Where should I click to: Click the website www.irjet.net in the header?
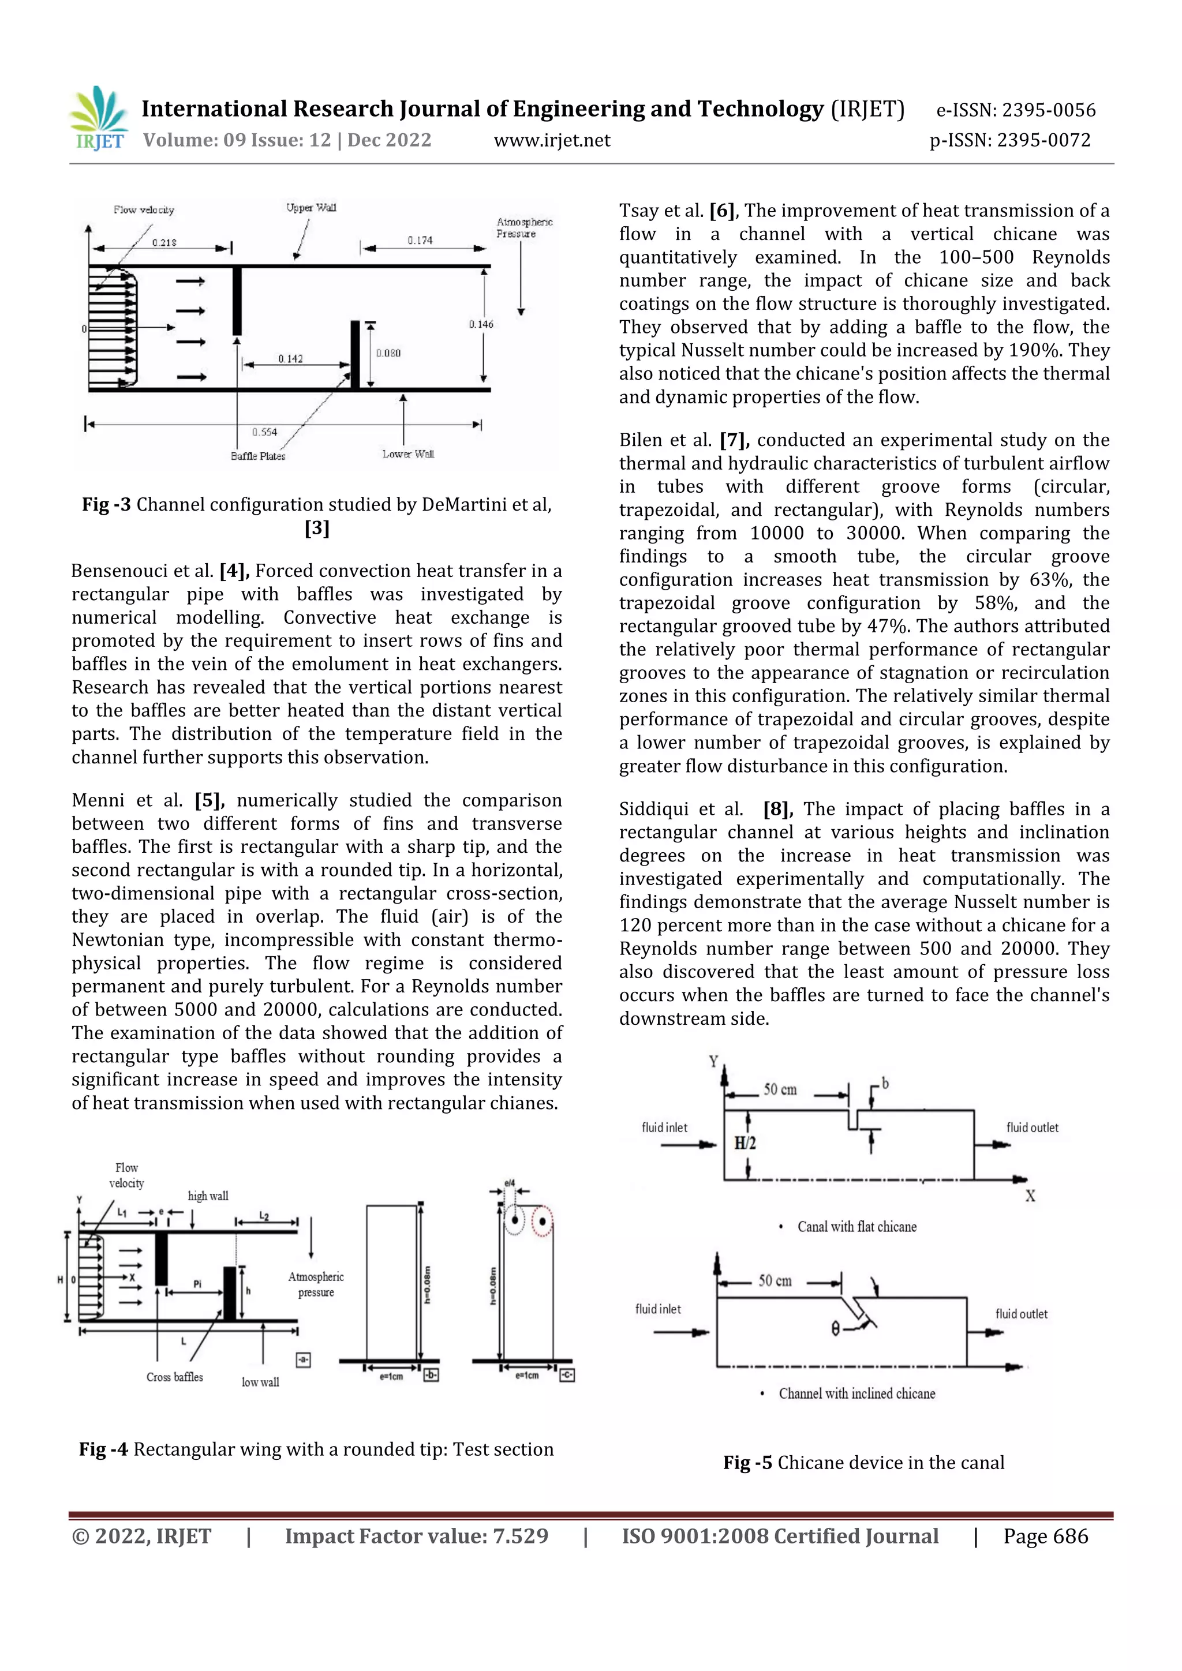click(x=552, y=140)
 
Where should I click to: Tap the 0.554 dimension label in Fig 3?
click(x=264, y=432)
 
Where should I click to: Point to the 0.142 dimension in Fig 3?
click(x=290, y=358)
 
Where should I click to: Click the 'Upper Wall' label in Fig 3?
click(x=311, y=207)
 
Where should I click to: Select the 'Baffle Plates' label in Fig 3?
click(x=257, y=456)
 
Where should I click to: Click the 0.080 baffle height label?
click(x=388, y=353)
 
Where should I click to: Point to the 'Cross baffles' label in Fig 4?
click(x=175, y=1377)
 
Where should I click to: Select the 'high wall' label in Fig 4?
click(x=208, y=1196)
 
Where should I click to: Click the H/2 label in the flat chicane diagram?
click(x=745, y=1142)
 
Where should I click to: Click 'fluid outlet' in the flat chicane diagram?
click(x=1032, y=1127)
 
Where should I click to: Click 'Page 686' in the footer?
click(x=1045, y=1537)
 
